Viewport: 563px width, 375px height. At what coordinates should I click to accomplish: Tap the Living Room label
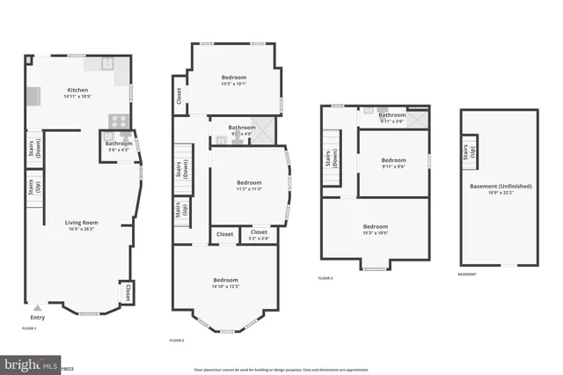tap(79, 225)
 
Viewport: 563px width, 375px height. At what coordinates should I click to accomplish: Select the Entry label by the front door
tap(37, 318)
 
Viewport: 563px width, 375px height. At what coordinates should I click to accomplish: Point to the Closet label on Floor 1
tap(128, 291)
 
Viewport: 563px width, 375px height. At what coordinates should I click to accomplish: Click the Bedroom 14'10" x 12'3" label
tap(225, 283)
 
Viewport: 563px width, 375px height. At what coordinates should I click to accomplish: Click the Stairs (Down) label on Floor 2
tap(179, 170)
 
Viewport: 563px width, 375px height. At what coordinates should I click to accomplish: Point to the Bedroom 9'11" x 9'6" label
tap(393, 162)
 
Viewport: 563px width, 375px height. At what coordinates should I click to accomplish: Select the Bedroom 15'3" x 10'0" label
tap(376, 229)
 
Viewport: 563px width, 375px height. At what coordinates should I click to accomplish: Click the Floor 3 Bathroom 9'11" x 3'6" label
tap(392, 117)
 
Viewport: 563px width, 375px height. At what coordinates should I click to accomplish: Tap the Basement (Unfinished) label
tap(499, 188)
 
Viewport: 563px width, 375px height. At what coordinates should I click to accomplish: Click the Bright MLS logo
tap(31, 363)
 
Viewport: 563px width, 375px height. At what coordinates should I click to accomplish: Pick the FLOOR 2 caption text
tap(177, 340)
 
